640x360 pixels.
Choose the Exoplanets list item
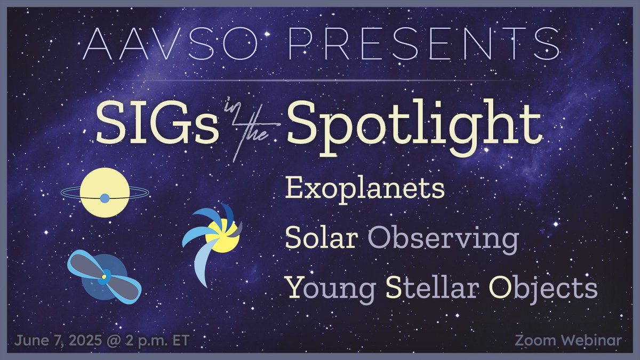[365, 189]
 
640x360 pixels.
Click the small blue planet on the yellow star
[105, 198]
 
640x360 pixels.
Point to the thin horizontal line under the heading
[320, 81]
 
